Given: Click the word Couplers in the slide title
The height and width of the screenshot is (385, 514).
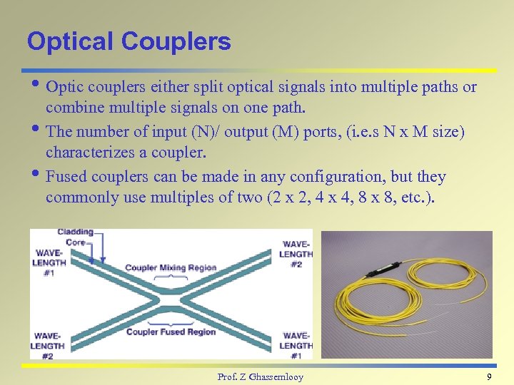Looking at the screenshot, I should pos(176,41).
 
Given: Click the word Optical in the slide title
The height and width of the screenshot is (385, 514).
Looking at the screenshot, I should pos(70,41).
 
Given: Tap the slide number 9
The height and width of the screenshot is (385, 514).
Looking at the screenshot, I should pos(489,376).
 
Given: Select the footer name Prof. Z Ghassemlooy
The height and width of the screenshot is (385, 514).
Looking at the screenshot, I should pos(260,376).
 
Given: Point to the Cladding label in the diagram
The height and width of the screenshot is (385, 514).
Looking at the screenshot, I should pos(75,232).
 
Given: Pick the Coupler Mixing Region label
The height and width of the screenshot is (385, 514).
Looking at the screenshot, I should pos(171,267).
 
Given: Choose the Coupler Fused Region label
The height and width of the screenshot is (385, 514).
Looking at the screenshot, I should pos(171,332).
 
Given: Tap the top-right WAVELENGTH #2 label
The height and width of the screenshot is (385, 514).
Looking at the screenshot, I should pos(296,253).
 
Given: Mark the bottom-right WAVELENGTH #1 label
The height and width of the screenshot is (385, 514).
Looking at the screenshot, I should pos(296,345).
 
